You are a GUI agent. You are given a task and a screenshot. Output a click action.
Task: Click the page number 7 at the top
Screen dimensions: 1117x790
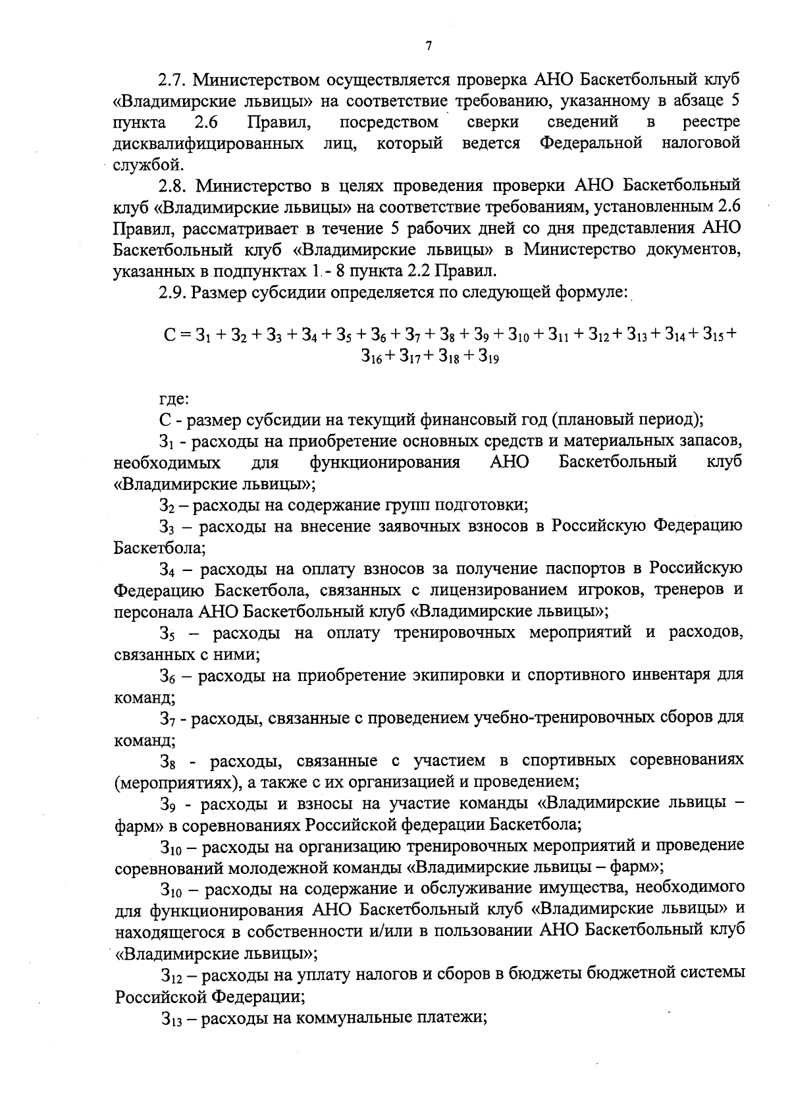[x=429, y=45]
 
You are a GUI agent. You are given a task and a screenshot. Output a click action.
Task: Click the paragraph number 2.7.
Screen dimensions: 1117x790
[x=172, y=80]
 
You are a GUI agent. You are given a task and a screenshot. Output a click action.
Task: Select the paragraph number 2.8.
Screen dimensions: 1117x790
[x=172, y=185]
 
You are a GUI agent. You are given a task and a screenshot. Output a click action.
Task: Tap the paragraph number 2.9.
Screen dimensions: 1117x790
[x=172, y=291]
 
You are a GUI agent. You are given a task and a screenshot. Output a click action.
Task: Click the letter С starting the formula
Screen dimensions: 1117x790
[x=169, y=334]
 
